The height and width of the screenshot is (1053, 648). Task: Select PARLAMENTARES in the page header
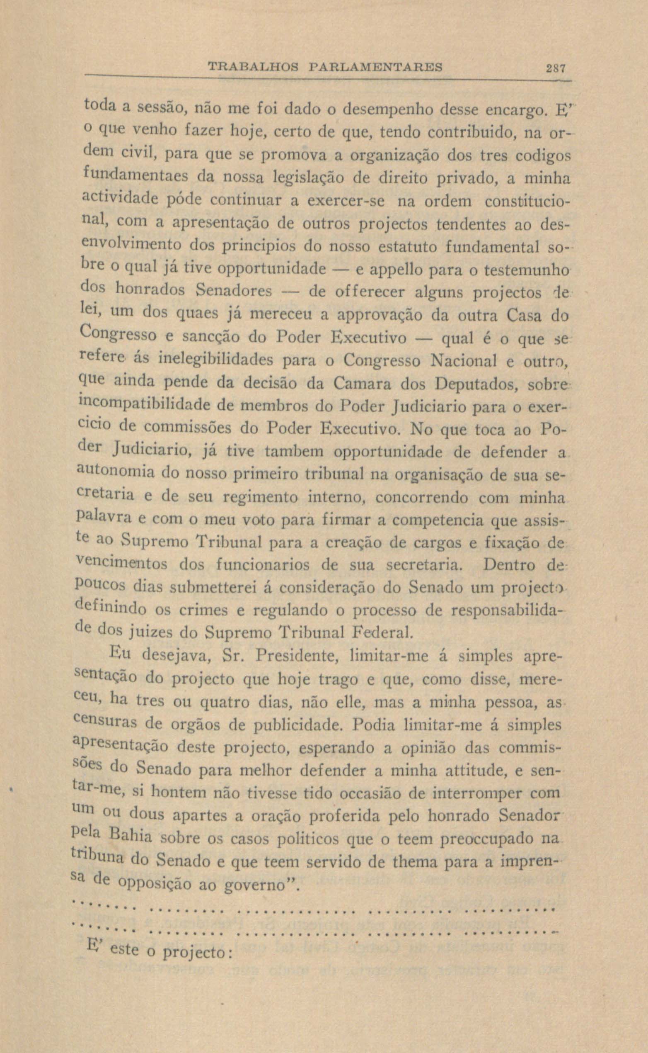tap(375, 67)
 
